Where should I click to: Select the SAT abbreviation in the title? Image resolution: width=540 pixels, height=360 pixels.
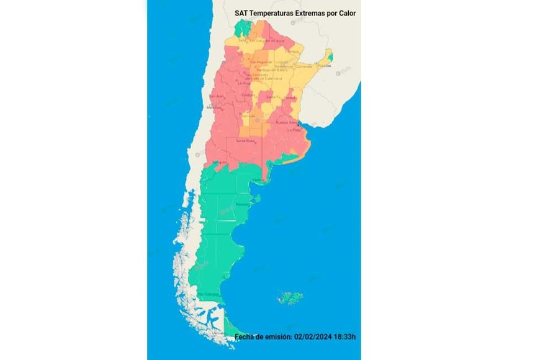coord(241,12)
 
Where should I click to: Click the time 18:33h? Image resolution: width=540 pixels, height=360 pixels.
coord(347,337)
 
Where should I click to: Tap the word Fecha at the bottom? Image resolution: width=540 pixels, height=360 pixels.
coord(246,337)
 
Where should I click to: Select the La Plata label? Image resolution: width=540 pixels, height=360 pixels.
coord(293,131)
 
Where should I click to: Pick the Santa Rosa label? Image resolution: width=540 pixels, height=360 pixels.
coord(245,141)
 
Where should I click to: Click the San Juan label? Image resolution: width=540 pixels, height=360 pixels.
coord(215,96)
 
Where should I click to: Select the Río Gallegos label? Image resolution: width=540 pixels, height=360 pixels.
coord(209,294)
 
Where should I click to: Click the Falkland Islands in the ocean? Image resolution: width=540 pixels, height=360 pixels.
coord(290,298)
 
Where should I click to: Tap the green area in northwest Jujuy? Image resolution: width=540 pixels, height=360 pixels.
coord(243,27)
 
